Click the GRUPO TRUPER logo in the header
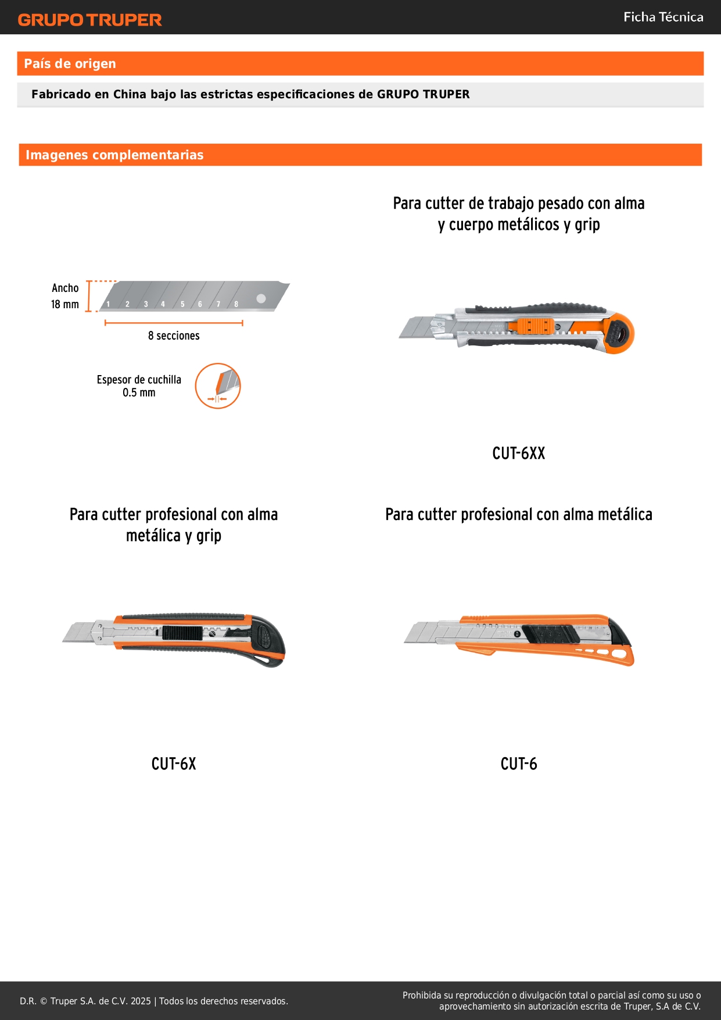tap(89, 20)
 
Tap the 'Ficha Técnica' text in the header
tap(663, 17)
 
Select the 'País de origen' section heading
tap(70, 63)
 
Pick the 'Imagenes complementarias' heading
tap(114, 155)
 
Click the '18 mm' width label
tap(64, 304)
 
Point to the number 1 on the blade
tap(108, 304)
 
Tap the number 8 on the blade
tap(236, 304)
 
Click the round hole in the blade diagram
tap(261, 298)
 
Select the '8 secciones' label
tap(174, 336)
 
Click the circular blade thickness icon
tap(218, 386)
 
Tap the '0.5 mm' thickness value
tap(139, 393)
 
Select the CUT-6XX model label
tap(518, 453)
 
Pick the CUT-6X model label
tap(174, 764)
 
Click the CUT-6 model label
tap(519, 764)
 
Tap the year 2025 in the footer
tap(141, 1001)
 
